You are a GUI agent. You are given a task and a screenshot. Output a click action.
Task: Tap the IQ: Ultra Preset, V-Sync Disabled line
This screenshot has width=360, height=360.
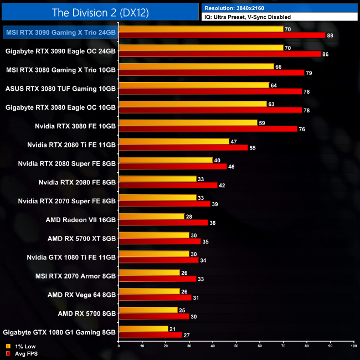click(x=247, y=17)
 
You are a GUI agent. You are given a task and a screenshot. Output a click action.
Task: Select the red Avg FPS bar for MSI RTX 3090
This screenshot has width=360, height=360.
click(x=222, y=35)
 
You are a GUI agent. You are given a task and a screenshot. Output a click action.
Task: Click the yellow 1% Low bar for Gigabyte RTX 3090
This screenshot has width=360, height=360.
click(x=200, y=48)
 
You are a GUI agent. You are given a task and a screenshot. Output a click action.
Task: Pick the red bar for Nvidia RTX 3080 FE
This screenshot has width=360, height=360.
click(x=208, y=128)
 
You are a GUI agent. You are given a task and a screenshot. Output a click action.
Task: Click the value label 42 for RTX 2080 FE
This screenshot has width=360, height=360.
click(x=221, y=185)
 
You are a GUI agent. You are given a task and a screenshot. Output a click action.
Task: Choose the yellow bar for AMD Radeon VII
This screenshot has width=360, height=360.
click(x=151, y=216)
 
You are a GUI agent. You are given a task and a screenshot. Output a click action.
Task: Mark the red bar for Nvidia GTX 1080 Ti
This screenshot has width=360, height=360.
click(x=158, y=260)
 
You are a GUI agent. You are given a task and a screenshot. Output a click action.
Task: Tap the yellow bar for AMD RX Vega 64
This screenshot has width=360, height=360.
click(x=149, y=291)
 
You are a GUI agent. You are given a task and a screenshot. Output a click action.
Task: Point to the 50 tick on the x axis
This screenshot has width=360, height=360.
click(x=236, y=346)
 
